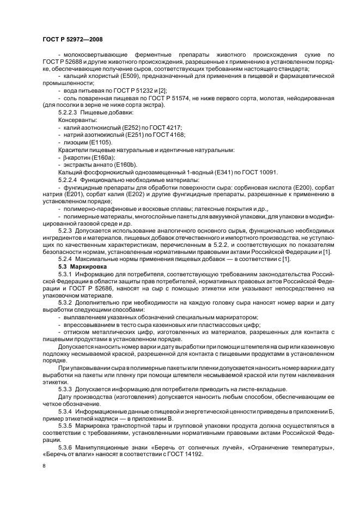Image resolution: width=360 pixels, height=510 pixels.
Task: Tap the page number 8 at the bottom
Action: [x=44, y=466]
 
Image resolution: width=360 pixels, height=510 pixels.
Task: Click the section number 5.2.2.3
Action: [x=70, y=112]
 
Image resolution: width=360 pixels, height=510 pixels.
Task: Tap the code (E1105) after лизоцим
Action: [x=99, y=142]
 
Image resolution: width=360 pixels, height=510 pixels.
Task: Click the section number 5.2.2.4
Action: [x=70, y=179]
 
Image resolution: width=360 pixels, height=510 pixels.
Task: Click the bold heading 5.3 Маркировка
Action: [x=80, y=268]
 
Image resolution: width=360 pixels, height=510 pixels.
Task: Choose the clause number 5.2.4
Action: [x=67, y=260]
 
